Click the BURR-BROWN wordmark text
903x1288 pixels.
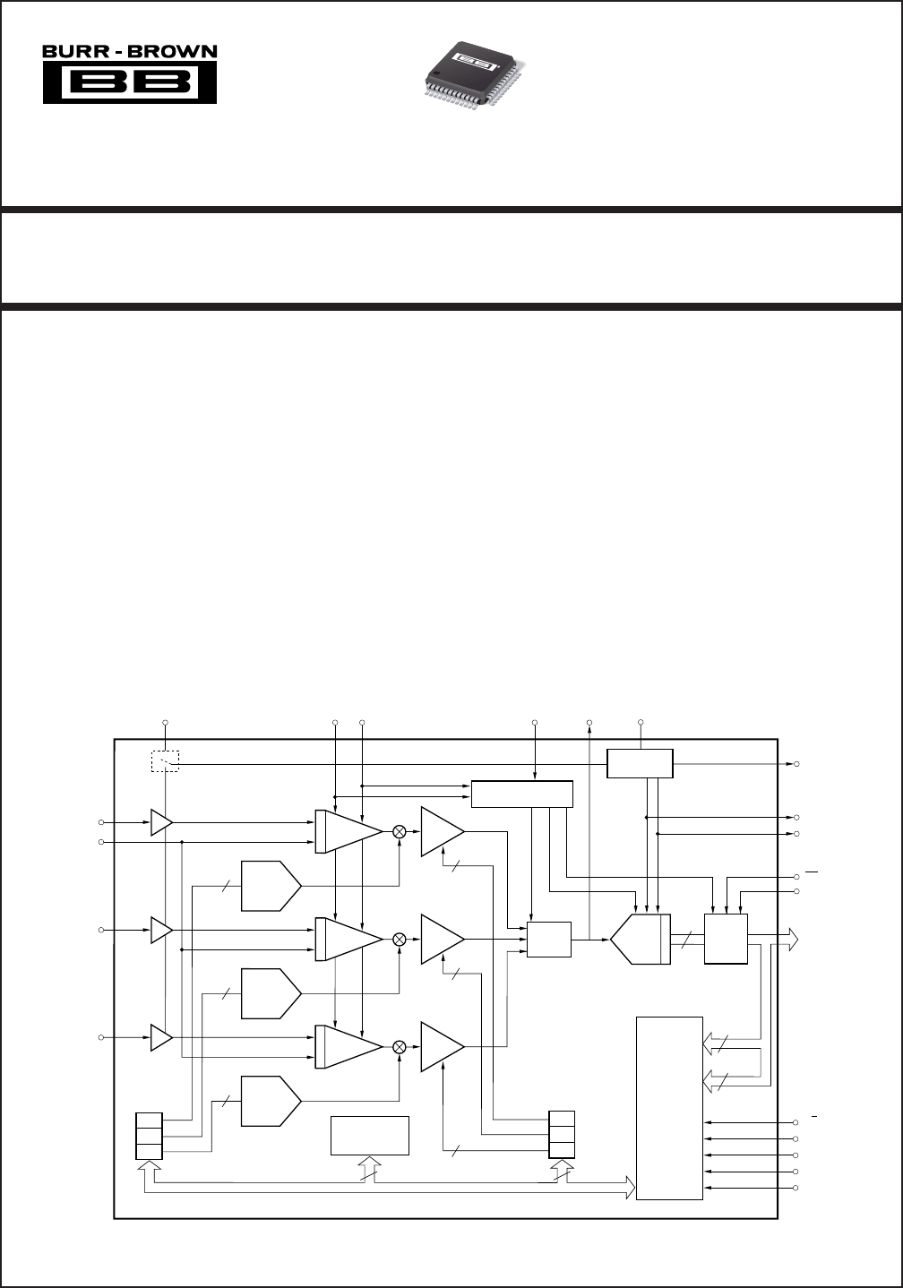pos(130,52)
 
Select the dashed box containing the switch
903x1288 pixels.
pos(165,760)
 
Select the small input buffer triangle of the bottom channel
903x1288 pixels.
pos(161,1037)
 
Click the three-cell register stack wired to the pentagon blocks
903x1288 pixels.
pos(149,1135)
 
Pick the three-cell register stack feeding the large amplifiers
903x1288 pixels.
pos(562,1135)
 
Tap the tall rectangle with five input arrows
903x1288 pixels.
pos(669,1108)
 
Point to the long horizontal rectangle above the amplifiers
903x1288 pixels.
pos(522,794)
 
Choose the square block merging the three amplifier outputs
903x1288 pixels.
pos(549,939)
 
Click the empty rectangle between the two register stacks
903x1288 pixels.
pos(370,1136)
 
